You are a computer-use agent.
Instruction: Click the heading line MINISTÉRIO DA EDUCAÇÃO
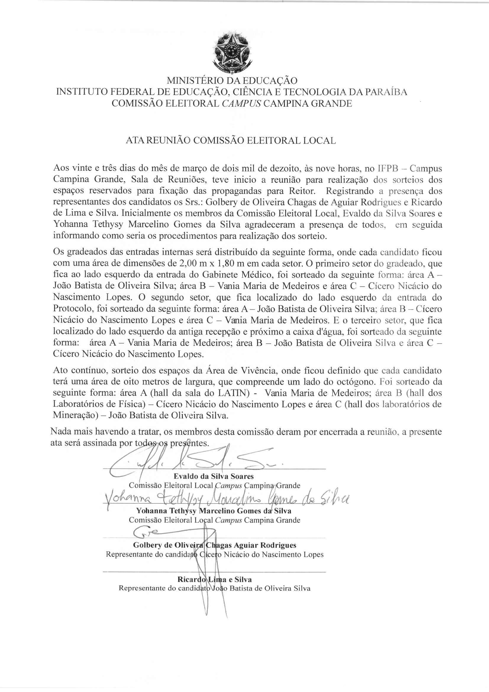[232, 81]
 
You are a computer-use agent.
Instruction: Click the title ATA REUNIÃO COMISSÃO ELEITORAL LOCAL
[230, 141]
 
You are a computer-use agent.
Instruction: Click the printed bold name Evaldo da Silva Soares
[214, 476]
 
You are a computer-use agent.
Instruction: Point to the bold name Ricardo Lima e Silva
[214, 579]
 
